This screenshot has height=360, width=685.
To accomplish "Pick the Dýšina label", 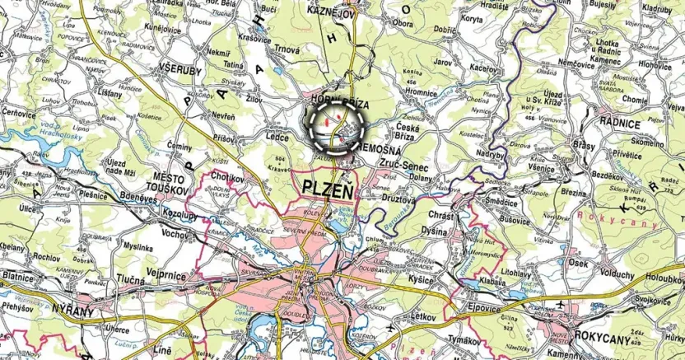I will [435, 231].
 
